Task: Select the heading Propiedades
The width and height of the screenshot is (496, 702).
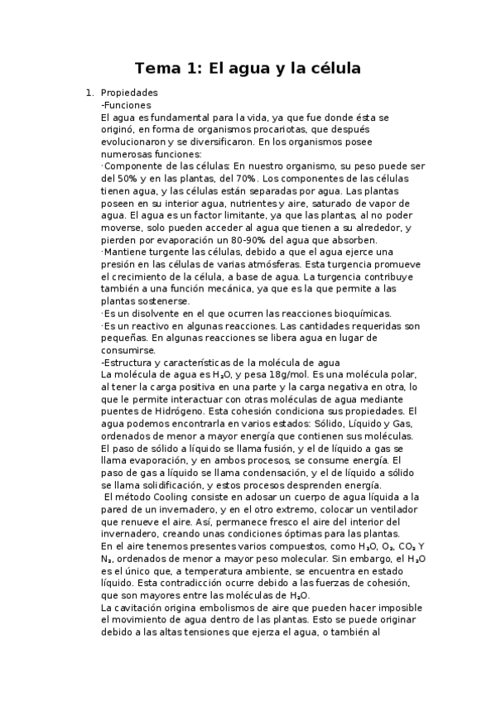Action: pos(128,93)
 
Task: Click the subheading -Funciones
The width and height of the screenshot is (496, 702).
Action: pos(126,105)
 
